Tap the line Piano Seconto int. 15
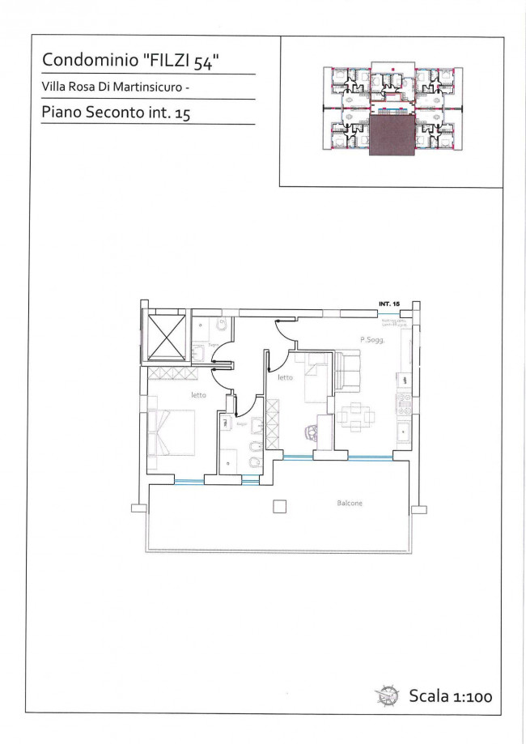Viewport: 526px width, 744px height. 116,113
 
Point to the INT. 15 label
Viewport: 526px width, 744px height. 389,303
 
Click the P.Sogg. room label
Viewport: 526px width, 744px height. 371,341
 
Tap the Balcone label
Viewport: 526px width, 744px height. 350,504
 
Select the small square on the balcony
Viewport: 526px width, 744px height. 279,507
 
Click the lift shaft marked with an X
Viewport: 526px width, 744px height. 167,334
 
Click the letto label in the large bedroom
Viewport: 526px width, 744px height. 198,395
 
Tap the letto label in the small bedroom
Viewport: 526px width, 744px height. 285,377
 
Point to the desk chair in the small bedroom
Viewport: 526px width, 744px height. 312,432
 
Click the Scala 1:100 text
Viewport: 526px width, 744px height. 451,695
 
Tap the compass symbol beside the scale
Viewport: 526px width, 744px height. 386,695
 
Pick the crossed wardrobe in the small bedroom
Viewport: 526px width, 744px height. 273,424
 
